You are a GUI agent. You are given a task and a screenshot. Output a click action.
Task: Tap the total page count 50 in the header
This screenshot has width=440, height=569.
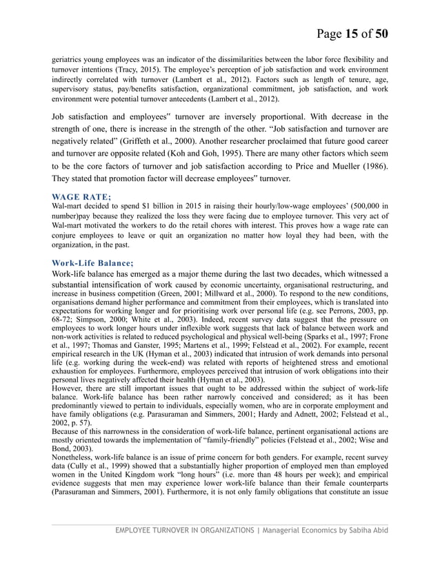(379, 33)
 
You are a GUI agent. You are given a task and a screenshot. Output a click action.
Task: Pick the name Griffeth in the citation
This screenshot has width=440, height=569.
(143, 146)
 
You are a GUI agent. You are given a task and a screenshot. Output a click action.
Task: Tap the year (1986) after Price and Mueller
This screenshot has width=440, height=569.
(373, 166)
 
